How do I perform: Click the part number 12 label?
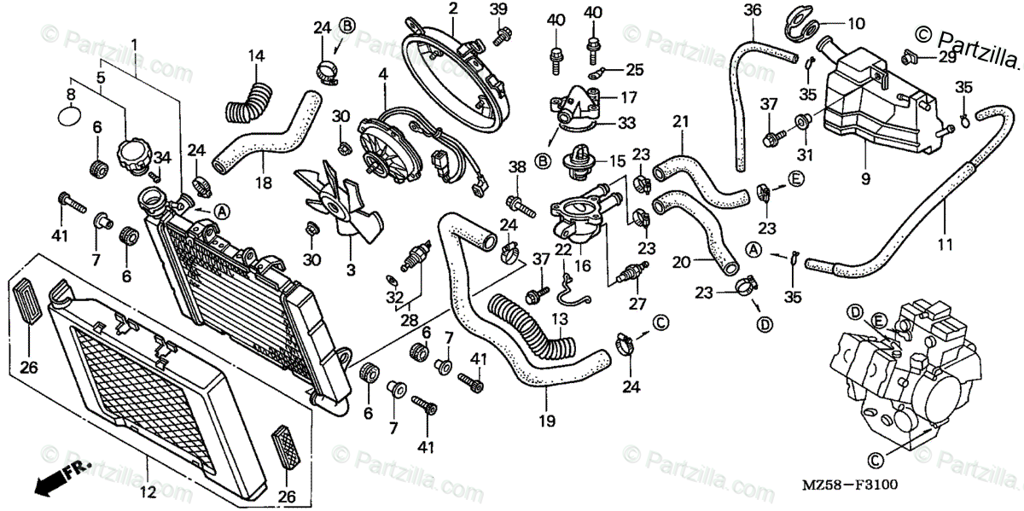[147, 491]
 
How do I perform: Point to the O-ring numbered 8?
[71, 113]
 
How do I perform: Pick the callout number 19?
[546, 421]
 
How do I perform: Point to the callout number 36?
[752, 10]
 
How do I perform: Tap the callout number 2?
[452, 9]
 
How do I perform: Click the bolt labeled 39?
[502, 34]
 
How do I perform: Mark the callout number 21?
[679, 122]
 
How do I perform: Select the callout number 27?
[637, 303]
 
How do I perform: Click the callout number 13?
[559, 318]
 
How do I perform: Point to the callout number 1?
[133, 44]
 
